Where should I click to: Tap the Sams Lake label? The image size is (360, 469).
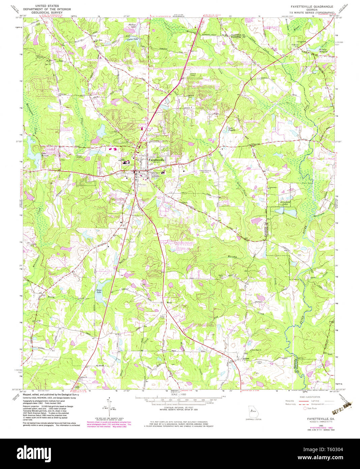coord(99,291)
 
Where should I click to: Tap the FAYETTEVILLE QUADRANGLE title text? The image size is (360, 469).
coord(312,6)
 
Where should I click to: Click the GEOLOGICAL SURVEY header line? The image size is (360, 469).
coord(47,12)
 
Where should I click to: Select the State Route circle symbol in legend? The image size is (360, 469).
coord(305,408)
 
